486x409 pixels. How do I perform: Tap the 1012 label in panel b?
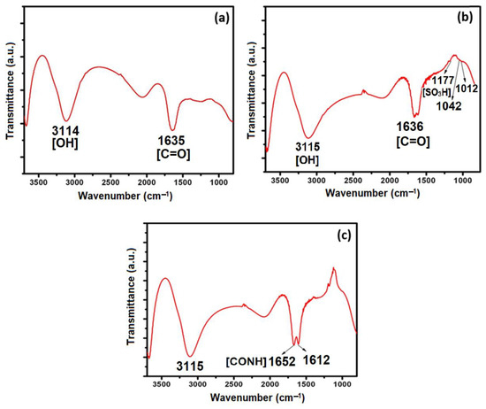point(467,88)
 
